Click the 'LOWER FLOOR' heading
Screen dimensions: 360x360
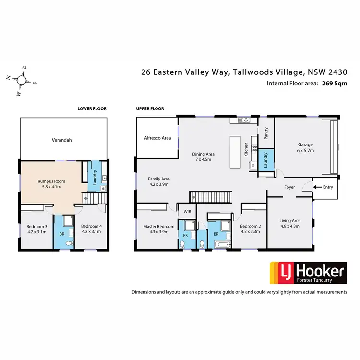click(92, 109)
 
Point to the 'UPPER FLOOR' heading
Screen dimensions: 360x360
click(150, 109)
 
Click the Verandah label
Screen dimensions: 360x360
click(61, 141)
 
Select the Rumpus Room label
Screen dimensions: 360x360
click(51, 185)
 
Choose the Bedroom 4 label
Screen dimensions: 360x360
click(91, 229)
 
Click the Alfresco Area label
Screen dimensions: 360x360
click(157, 138)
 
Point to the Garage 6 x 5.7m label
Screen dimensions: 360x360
click(305, 147)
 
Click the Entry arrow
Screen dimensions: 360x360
click(318, 187)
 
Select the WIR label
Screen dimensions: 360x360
click(187, 211)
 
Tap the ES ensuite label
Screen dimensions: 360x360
click(186, 235)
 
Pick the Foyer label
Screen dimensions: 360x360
click(289, 187)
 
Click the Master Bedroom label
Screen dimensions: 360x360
click(159, 228)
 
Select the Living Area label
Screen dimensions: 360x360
click(289, 224)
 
